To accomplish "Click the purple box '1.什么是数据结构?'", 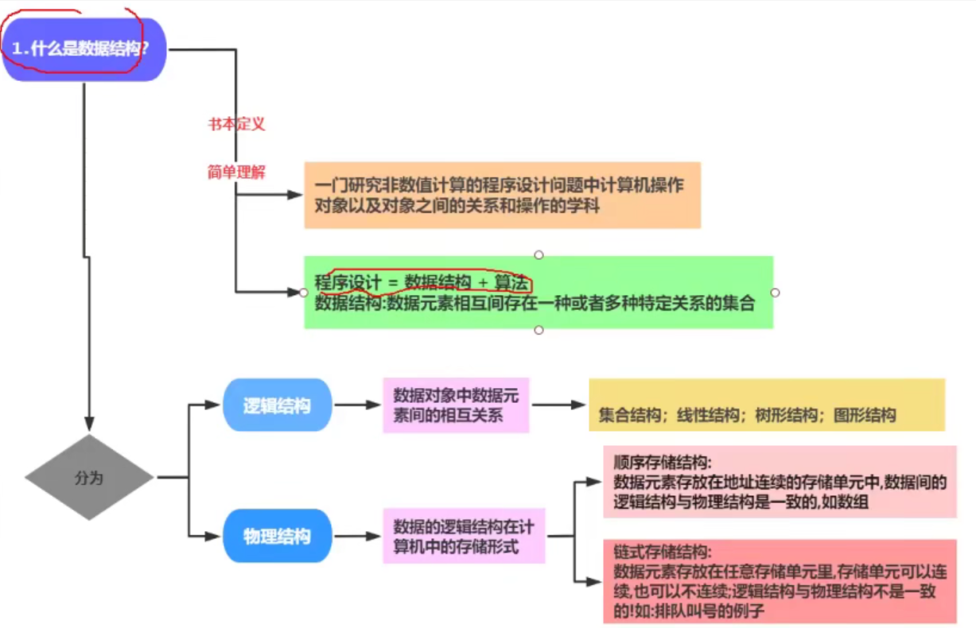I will point(84,48).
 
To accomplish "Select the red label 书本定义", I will point(236,124).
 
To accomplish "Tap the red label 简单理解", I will point(236,172).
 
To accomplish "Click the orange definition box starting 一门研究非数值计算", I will point(502,196).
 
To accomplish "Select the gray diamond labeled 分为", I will point(89,478).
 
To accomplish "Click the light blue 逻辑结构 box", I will point(277,405).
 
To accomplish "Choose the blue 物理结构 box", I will point(277,537).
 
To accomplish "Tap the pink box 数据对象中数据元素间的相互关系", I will point(456,405).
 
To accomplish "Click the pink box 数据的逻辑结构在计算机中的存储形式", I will point(464,537).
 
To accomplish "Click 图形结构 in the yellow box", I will point(865,416).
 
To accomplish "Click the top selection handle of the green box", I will point(539,255).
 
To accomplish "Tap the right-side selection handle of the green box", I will point(775,293).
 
